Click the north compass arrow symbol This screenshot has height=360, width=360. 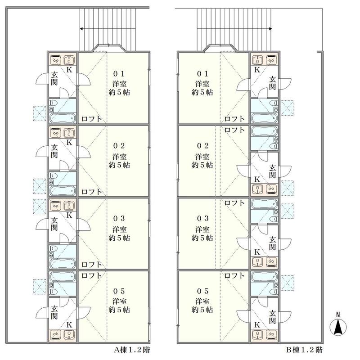pyautogui.click(x=338, y=325)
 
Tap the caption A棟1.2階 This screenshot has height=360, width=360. pyautogui.click(x=132, y=350)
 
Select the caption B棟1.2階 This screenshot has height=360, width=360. pyautogui.click(x=304, y=350)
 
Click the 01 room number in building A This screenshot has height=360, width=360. pyautogui.click(x=119, y=74)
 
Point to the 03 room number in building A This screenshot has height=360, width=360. pyautogui.click(x=119, y=218)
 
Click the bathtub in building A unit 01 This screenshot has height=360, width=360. pyautogui.click(x=63, y=118)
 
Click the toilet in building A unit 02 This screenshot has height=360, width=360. pyautogui.click(x=53, y=176)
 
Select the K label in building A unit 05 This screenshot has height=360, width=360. pyautogui.click(x=69, y=324)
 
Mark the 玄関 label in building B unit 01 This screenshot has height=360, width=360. pyautogui.click(x=272, y=83)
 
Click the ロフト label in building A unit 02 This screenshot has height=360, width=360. pyautogui.click(x=92, y=192)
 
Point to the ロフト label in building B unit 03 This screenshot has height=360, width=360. pyautogui.click(x=234, y=203)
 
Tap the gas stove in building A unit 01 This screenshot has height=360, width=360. pyautogui.click(x=56, y=60)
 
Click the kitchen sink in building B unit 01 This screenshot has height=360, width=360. pyautogui.click(x=257, y=60)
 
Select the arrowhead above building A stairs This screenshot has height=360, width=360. pyautogui.click(x=81, y=29)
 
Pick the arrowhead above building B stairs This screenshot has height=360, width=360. pyautogui.click(x=270, y=29)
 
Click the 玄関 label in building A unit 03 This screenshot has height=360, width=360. pyautogui.click(x=54, y=224)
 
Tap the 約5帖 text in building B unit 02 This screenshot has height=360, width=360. pyautogui.click(x=202, y=165)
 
